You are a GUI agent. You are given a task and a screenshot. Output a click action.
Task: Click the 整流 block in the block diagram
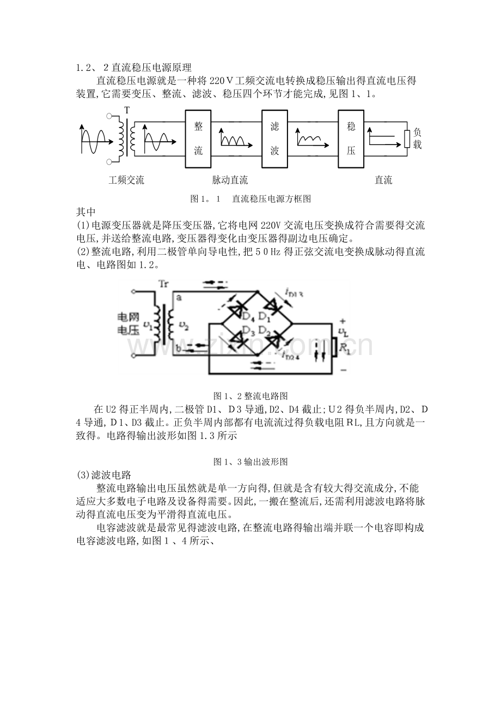198,139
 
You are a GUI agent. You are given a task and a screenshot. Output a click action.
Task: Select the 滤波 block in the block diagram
274,139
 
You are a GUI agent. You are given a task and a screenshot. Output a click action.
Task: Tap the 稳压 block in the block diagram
351,139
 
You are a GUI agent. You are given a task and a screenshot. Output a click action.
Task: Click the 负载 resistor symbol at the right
407,139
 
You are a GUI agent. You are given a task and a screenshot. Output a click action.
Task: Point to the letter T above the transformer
127,111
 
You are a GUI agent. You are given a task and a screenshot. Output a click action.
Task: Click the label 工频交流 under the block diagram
126,180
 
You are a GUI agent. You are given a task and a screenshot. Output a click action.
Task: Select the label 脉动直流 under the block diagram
230,180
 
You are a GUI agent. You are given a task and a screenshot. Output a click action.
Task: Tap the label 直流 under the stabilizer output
383,180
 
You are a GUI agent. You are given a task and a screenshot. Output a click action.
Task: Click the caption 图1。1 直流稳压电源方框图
250,198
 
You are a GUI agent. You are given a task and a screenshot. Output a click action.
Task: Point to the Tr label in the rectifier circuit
163,284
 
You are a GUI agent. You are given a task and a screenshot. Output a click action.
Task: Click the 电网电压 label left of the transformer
129,323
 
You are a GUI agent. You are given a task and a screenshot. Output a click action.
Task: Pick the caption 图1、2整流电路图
250,396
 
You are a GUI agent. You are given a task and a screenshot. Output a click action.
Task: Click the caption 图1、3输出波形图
250,462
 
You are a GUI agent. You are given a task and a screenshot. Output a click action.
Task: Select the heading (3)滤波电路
104,475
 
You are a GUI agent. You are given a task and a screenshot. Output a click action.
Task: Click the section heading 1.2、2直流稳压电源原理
134,68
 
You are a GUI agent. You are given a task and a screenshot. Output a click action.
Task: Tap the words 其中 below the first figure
85,212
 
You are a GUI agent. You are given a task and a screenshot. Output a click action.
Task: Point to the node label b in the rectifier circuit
179,348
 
